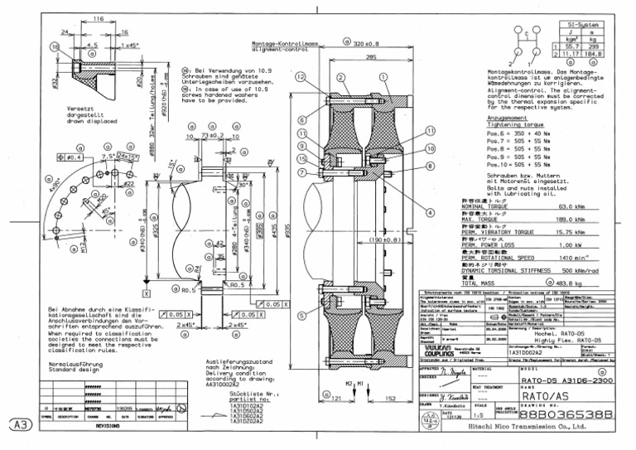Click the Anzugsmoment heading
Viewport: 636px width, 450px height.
click(x=508, y=118)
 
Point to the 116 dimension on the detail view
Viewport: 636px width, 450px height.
click(x=98, y=17)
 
